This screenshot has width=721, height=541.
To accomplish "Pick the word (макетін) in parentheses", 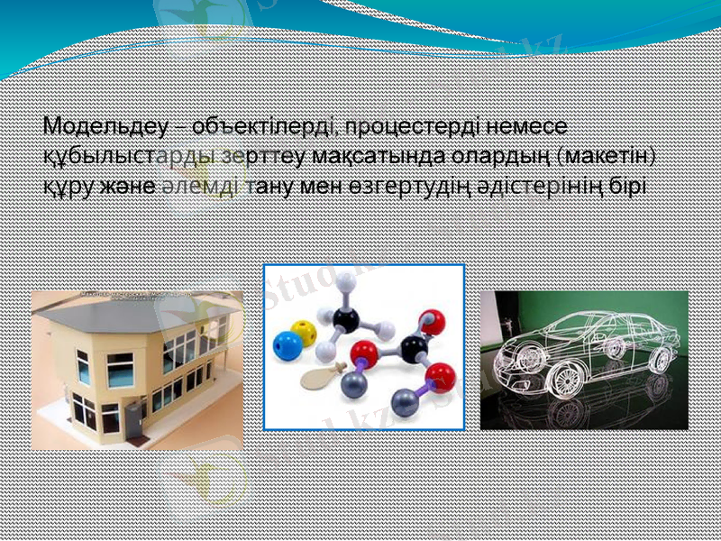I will click(x=607, y=155).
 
